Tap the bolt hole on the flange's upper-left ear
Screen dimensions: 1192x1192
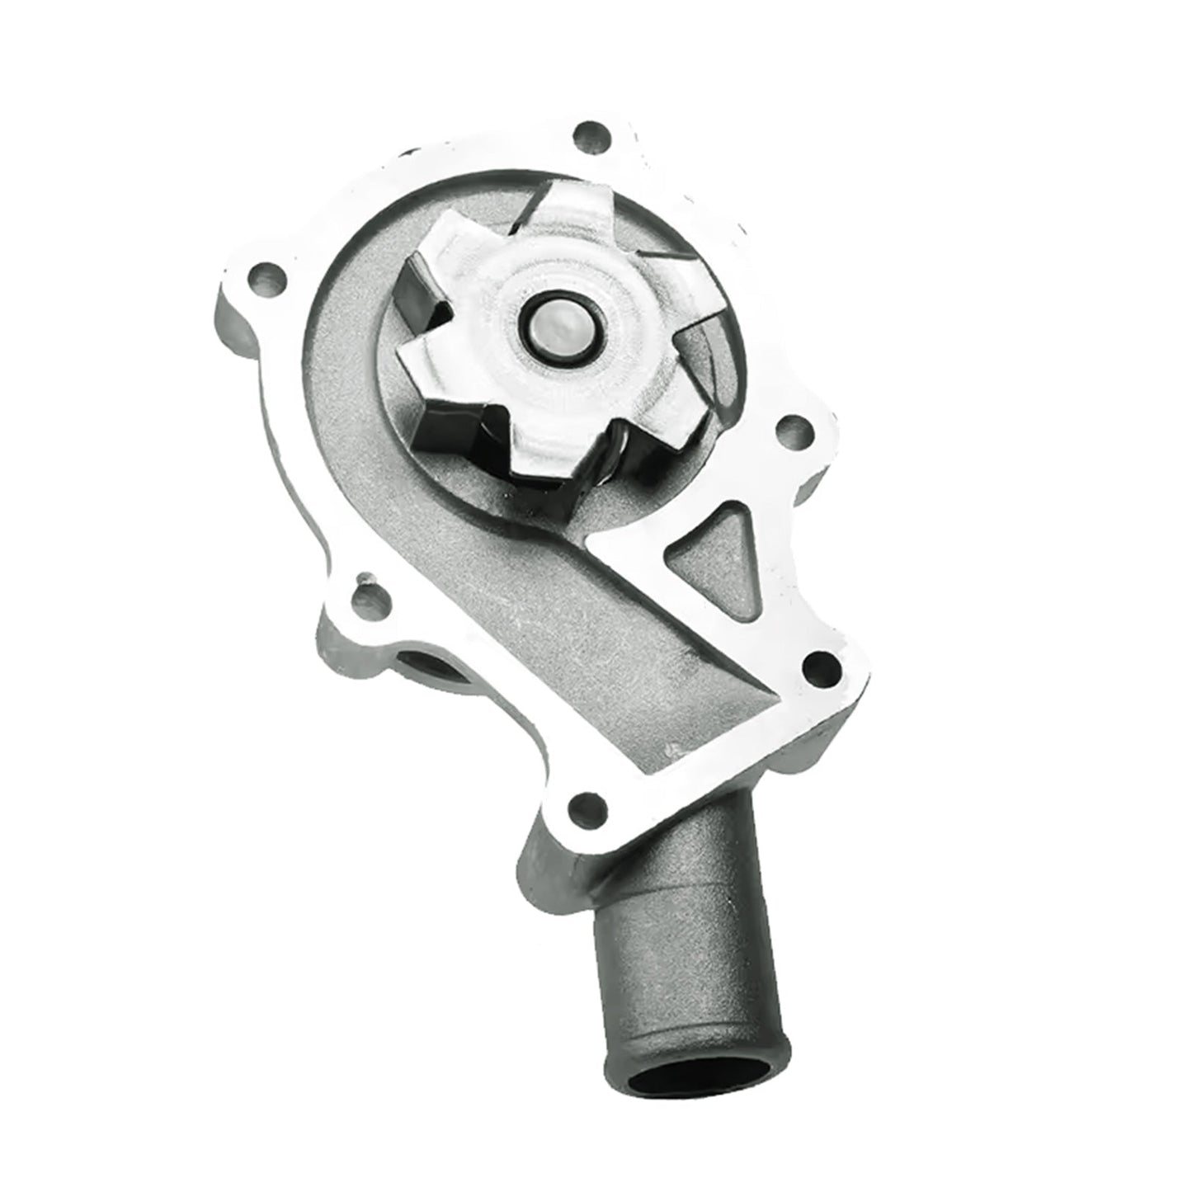tap(266, 273)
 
